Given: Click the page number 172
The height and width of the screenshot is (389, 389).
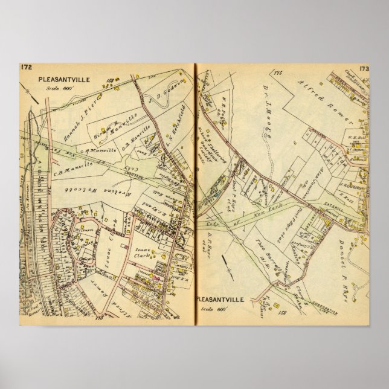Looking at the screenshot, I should coord(27,67).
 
